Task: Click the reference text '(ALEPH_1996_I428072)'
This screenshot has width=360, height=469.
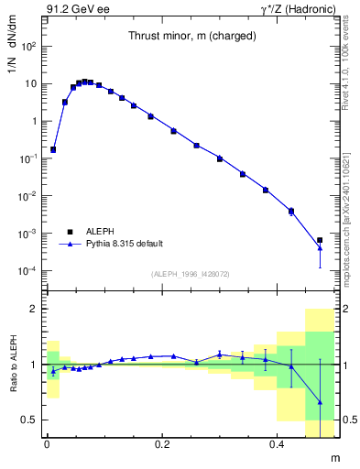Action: [x=190, y=274]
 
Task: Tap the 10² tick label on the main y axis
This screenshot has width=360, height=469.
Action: [x=29, y=46]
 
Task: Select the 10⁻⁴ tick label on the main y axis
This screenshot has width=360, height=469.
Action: [x=29, y=271]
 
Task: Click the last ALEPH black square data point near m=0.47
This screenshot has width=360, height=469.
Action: [x=320, y=240]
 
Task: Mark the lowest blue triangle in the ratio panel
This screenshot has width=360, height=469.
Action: [x=320, y=402]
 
